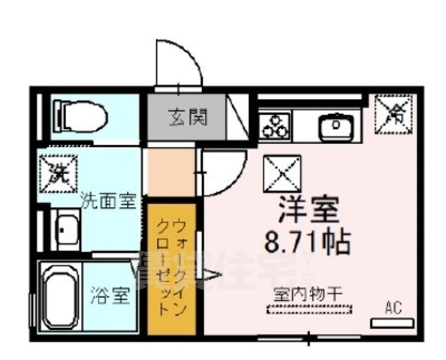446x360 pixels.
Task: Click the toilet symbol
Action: tap(83, 117)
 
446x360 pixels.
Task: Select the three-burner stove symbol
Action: tap(276, 124)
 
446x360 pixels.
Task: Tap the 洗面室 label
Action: tap(107, 200)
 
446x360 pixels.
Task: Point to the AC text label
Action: tap(393, 306)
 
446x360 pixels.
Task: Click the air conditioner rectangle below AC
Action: tap(392, 322)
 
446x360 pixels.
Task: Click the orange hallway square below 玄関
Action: tap(169, 172)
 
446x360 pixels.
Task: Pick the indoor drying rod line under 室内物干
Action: tap(307, 307)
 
